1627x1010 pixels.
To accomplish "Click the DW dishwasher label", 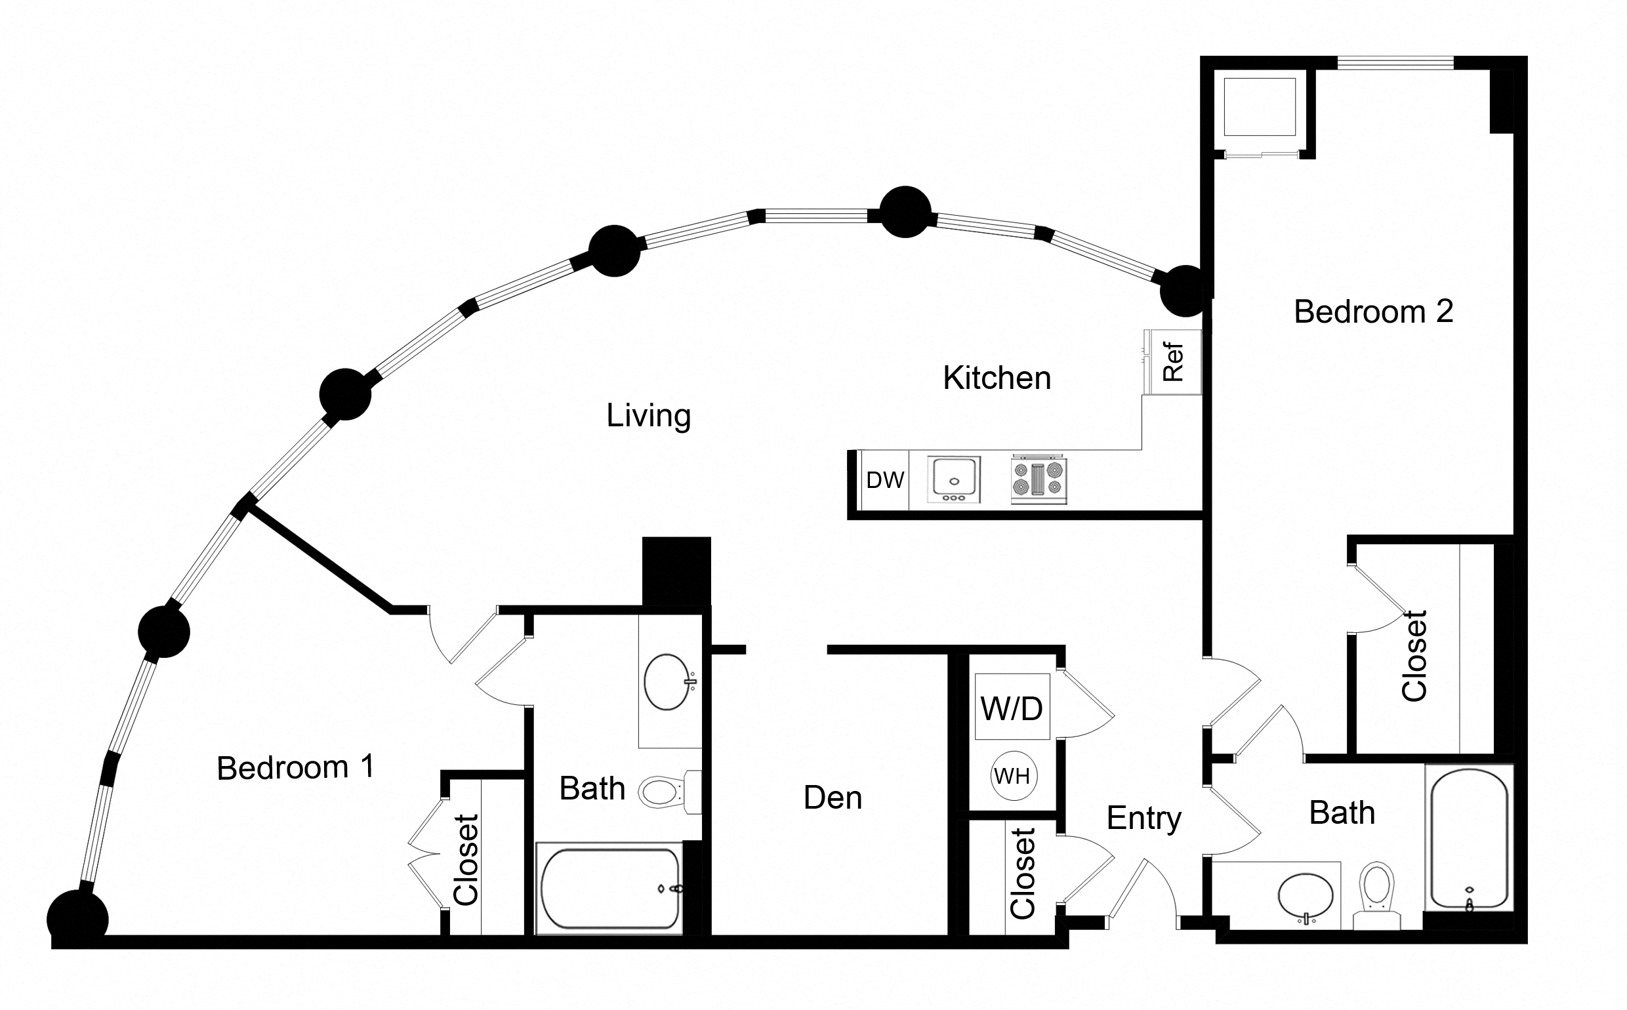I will coord(884,480).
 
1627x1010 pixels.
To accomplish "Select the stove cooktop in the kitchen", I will coord(1039,479).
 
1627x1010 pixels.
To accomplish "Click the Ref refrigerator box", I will coord(1173,362).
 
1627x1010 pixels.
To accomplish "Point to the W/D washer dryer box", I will coord(1012,708).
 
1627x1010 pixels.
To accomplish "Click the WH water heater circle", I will coord(1012,777).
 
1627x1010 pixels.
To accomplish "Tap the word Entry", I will coord(1144,818).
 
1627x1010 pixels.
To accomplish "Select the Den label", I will coord(833,798).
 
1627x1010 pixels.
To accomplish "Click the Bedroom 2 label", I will coord(1373,312).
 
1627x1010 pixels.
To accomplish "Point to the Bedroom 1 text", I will coord(295,768).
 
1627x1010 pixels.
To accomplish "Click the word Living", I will coord(648,416).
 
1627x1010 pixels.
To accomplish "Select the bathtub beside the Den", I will coord(609,889).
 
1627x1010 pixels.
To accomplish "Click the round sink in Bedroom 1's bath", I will coord(667,682).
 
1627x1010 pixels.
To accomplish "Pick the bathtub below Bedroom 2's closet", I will coord(1469,838).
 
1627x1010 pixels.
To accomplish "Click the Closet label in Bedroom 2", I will coord(1414,656).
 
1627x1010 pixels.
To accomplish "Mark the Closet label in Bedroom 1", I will coord(466,860).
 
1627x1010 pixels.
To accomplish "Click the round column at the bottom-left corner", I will coord(77,919).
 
